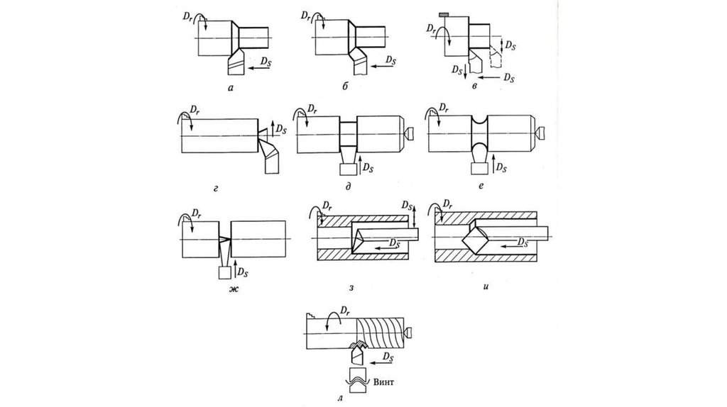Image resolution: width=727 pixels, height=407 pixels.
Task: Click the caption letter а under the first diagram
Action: pos(231,87)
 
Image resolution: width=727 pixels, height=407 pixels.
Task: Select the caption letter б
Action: pos(345,86)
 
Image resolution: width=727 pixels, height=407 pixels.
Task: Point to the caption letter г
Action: pos(216,189)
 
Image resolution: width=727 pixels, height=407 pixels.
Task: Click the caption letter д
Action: pos(348,186)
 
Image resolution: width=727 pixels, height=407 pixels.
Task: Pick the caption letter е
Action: pos(481,186)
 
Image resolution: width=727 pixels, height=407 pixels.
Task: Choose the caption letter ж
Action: pos(233,290)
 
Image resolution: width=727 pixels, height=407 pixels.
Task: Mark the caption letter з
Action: pos(351,288)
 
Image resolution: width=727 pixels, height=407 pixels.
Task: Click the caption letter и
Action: pos(486,286)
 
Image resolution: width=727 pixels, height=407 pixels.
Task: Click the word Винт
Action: pos(383,382)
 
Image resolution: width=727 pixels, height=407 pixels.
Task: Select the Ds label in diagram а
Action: pos(266,62)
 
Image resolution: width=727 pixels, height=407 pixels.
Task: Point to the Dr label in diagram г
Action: pos(195,110)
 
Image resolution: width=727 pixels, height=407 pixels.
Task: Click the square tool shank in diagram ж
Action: pos(224,273)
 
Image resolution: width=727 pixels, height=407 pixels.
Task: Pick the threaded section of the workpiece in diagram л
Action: pos(380,333)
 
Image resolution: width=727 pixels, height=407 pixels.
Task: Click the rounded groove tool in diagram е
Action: pos(479,160)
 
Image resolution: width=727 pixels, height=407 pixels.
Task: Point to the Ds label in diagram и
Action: pos(523,242)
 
